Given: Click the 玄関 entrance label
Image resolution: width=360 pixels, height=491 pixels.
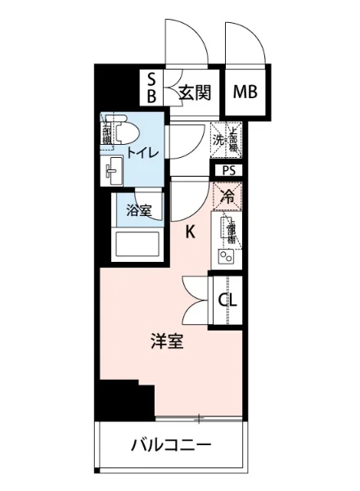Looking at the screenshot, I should point(196,92).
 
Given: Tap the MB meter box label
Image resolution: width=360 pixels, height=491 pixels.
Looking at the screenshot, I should point(245,92).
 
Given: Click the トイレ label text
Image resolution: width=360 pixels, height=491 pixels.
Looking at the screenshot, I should point(142,151).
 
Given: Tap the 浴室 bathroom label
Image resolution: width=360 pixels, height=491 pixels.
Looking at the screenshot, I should point(138,210).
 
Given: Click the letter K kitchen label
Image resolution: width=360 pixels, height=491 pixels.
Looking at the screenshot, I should point(190,232).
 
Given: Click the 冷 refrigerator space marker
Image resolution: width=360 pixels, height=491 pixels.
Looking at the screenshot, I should point(228,196).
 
